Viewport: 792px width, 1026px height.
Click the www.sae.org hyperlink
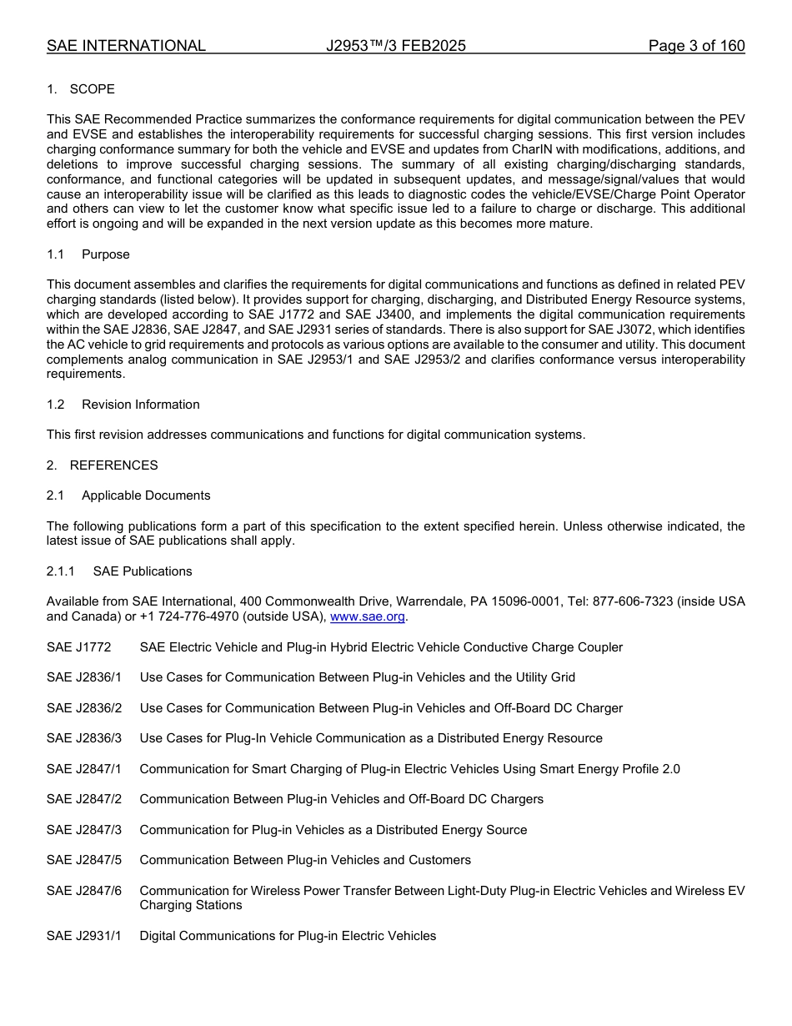tap(367, 616)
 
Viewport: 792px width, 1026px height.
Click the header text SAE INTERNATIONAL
tap(126, 46)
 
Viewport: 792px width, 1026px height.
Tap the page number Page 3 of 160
tap(696, 46)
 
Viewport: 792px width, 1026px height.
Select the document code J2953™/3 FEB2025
tap(396, 46)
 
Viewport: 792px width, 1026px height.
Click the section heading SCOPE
tap(92, 89)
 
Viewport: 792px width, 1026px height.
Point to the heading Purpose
tap(106, 254)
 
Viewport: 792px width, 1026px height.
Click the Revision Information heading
tap(140, 405)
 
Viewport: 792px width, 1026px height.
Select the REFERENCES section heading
tap(113, 465)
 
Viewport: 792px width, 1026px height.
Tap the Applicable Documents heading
tap(146, 495)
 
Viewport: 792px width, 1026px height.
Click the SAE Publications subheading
tap(143, 571)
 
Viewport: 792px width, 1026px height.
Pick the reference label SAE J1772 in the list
tap(78, 647)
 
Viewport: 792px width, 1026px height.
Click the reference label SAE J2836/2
tap(84, 708)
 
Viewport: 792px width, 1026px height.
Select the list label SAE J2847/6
tap(84, 891)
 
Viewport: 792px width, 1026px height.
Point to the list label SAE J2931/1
tap(84, 936)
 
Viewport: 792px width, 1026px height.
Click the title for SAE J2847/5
tap(305, 860)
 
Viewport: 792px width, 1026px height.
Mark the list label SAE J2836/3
tap(84, 738)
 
